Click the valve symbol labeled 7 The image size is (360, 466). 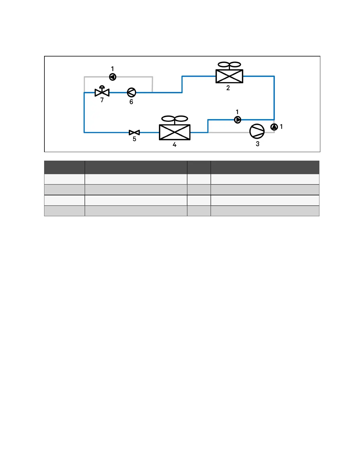point(102,92)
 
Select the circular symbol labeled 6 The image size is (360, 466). point(131,92)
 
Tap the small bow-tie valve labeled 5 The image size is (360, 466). point(134,133)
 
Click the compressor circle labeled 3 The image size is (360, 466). point(257,131)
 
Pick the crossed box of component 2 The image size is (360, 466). point(229,76)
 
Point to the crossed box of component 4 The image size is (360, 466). point(175,132)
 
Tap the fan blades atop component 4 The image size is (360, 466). point(175,119)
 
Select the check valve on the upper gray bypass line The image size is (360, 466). point(113,77)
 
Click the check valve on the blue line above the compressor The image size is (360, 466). point(238,120)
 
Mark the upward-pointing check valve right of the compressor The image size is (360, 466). point(274,127)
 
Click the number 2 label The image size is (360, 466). point(228,88)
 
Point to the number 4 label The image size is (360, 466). point(174,145)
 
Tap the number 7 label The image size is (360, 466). point(102,100)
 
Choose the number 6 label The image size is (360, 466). point(131,102)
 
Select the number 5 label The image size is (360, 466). point(134,139)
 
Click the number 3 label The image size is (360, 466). point(258,144)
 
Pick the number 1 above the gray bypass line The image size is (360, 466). point(112,69)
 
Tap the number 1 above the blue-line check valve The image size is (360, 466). point(237,112)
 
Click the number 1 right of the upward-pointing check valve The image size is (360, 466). point(281,127)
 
